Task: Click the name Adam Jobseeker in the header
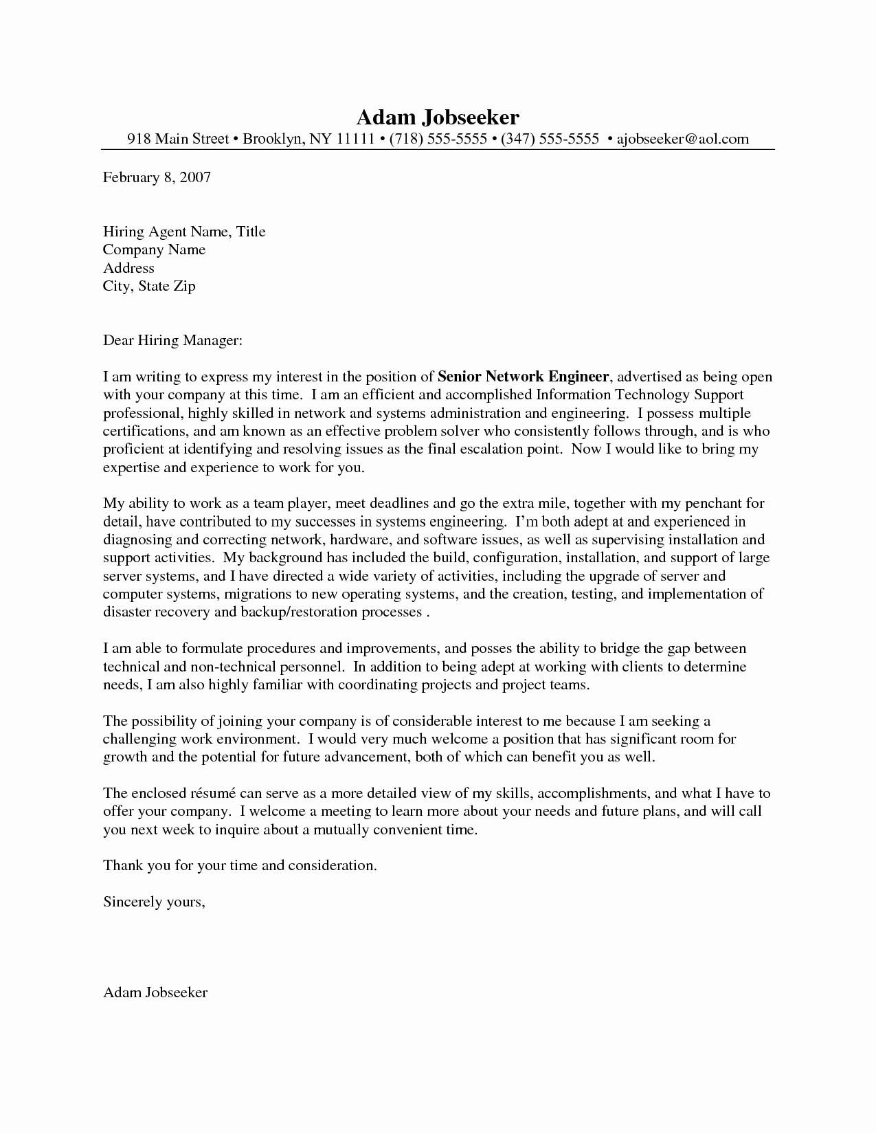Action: click(x=438, y=116)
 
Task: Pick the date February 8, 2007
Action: click(x=157, y=177)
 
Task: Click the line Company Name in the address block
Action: click(x=154, y=249)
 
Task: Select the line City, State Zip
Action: click(x=149, y=286)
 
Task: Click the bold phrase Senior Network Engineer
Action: click(x=524, y=377)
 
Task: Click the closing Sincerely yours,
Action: click(x=154, y=901)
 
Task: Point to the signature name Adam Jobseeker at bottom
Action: click(x=155, y=992)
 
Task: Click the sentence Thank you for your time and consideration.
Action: click(x=240, y=865)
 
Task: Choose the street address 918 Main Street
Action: click(x=178, y=139)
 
